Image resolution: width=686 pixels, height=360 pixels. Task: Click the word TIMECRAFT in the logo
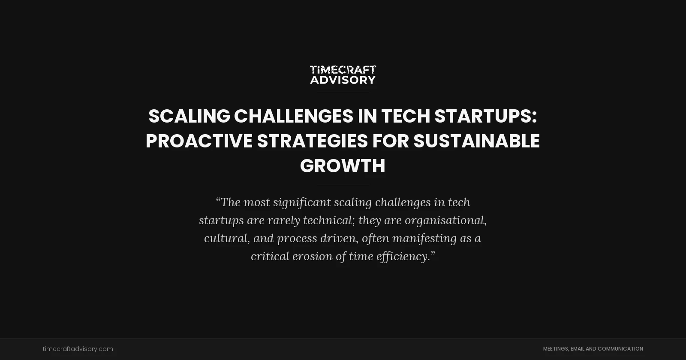[x=343, y=69]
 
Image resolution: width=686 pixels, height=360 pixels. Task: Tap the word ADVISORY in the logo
[x=343, y=80]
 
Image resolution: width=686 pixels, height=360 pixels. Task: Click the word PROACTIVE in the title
[x=199, y=141]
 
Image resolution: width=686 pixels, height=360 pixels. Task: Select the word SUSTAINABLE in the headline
[x=476, y=141]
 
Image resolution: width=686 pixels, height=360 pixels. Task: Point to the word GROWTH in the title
[x=343, y=166]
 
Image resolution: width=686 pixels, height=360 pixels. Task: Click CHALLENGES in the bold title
[x=293, y=116]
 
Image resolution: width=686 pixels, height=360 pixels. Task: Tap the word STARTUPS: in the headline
[x=485, y=116]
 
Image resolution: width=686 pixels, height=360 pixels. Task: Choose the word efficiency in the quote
[x=403, y=256]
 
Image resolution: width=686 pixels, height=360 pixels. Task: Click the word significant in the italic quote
[x=301, y=202]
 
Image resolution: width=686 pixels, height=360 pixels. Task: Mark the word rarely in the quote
[x=283, y=220]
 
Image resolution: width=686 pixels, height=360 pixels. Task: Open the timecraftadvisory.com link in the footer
[x=78, y=349]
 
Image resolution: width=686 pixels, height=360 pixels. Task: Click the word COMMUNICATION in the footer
[x=620, y=349]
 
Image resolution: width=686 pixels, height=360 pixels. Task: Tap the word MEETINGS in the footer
[x=555, y=349]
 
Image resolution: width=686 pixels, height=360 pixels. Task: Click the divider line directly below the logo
[x=343, y=92]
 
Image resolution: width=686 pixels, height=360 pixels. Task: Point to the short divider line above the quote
[x=343, y=185]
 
